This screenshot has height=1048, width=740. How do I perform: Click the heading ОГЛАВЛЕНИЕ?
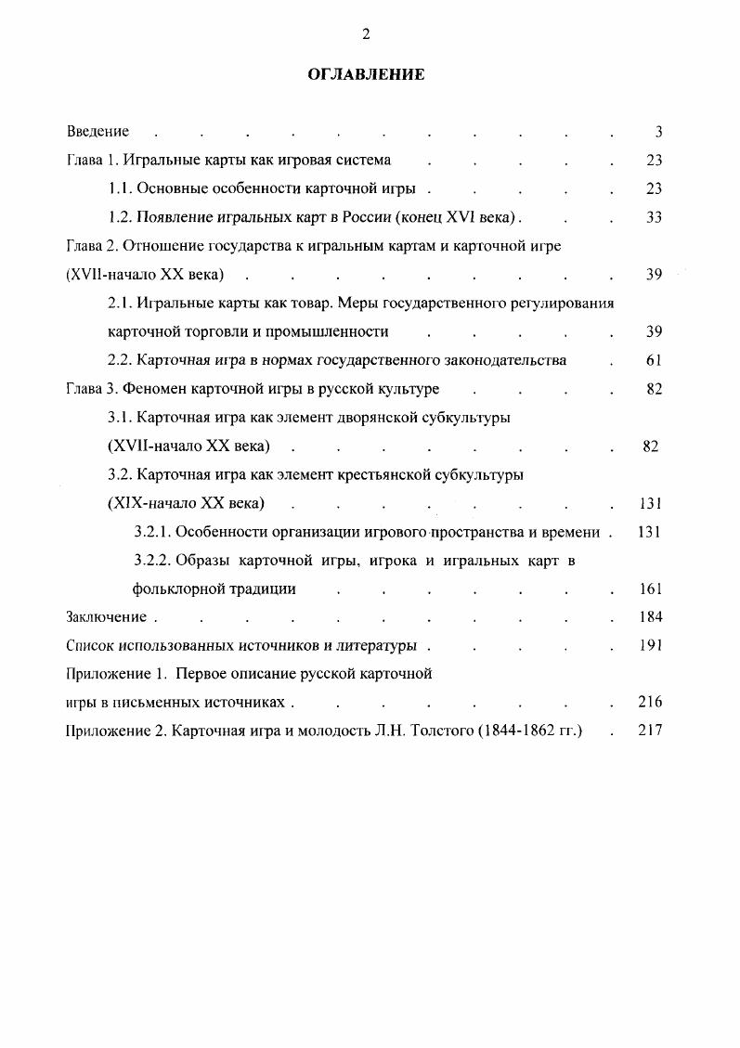pos(366,74)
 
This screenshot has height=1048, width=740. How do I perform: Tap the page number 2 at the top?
pos(366,34)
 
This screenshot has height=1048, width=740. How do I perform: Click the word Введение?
pos(97,132)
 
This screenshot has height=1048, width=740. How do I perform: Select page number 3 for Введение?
pos(658,132)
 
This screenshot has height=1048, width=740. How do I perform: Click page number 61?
pos(655,361)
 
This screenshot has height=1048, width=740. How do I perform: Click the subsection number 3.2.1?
pos(153,533)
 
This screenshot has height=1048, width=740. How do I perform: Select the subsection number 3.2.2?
pos(153,561)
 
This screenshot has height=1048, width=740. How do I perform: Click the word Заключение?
pos(107,617)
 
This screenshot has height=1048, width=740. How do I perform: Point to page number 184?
pos(651,617)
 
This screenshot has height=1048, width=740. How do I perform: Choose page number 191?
pos(651,646)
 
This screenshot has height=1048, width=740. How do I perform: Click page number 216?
pos(651,703)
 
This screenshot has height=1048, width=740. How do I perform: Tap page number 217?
pos(651,731)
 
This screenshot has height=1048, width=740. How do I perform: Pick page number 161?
pos(651,589)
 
